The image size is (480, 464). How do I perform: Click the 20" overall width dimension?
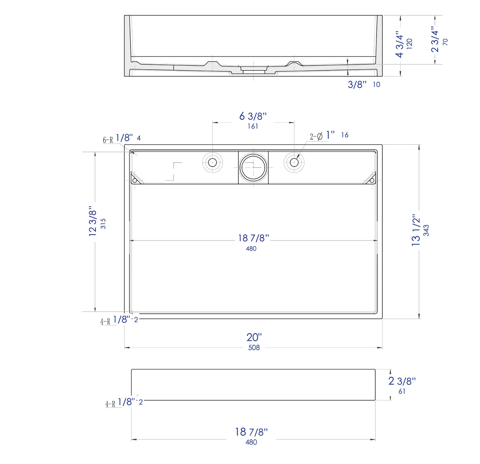254,337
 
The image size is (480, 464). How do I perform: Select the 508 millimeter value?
254,348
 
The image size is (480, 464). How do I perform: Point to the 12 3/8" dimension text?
93,222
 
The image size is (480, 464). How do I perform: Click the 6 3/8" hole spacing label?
253,116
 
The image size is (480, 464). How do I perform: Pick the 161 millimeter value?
253,126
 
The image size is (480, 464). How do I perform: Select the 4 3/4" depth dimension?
400,45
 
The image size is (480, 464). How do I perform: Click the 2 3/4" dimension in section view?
435,39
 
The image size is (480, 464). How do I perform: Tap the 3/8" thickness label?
357,84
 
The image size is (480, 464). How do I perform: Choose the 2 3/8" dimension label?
402,381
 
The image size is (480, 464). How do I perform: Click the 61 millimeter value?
402,391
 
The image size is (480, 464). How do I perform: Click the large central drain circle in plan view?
253,167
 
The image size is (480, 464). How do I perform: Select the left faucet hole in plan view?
213,162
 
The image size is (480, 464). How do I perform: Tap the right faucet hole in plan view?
294,162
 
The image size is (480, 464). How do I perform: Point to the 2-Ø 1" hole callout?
322,136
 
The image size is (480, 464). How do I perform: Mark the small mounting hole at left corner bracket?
134,180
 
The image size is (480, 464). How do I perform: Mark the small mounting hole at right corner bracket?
372,180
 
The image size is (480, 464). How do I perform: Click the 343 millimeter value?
426,231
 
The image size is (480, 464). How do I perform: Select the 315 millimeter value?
103,223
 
